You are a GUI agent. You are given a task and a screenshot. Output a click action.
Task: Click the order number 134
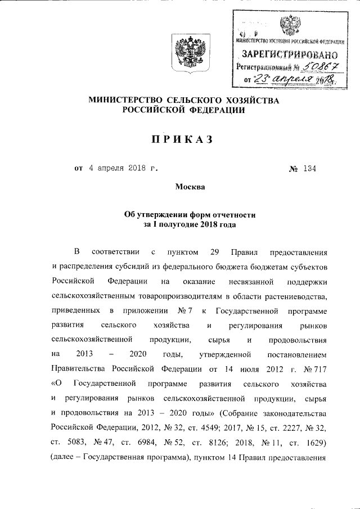click(308, 168)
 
